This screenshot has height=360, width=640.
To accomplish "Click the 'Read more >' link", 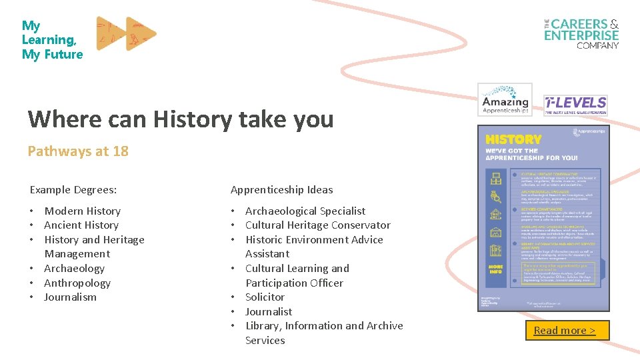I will [564, 331].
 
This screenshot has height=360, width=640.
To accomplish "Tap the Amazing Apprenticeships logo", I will [505, 100].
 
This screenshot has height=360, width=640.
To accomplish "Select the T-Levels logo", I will [575, 105].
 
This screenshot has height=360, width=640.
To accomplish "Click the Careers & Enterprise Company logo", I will [581, 33].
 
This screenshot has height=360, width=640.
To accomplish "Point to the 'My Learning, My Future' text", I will [52, 40].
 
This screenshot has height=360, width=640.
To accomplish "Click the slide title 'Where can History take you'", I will [181, 119].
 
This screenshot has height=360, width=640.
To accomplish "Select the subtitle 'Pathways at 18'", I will [78, 151].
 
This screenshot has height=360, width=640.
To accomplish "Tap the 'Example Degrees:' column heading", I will [73, 190].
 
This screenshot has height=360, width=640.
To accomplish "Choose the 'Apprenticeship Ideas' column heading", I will [281, 190].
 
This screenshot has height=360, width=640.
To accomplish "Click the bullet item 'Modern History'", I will [82, 211].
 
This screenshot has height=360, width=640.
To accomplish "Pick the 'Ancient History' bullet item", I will [81, 225].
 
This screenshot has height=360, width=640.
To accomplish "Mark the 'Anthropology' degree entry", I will [77, 283].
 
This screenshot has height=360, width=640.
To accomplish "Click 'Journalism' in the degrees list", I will [70, 297].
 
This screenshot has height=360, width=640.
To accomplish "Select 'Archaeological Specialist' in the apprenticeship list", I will [305, 211].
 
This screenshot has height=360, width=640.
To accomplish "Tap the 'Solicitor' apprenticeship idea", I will [265, 297].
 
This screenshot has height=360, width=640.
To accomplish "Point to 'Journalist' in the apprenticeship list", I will [269, 311].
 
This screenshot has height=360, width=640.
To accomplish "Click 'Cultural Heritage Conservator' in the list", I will [317, 225].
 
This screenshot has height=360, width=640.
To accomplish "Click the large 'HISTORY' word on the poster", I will [513, 139].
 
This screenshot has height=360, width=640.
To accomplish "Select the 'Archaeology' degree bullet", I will [74, 269].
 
